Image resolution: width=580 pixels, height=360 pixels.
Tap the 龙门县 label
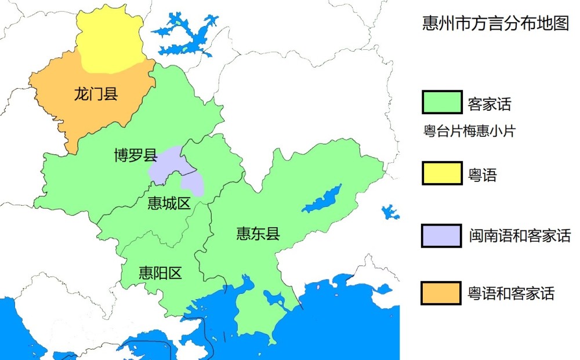[x=96, y=93]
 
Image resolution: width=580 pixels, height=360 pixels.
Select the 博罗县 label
[x=135, y=155]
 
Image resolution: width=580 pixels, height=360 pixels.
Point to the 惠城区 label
[x=169, y=203]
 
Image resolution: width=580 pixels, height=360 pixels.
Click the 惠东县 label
[x=258, y=234]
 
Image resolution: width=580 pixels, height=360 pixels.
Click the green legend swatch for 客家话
[x=442, y=103]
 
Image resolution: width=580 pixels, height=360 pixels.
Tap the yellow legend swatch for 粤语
[x=442, y=173]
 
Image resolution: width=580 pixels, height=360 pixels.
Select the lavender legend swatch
[x=442, y=235]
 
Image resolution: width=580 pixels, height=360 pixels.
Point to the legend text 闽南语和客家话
[x=519, y=235]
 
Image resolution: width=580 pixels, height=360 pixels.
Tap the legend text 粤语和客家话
[x=511, y=293]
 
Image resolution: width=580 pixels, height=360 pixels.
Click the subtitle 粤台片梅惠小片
[x=469, y=132]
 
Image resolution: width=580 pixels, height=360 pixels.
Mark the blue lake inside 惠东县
[x=322, y=199]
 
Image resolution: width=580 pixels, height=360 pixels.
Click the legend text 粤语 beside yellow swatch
[x=482, y=174]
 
